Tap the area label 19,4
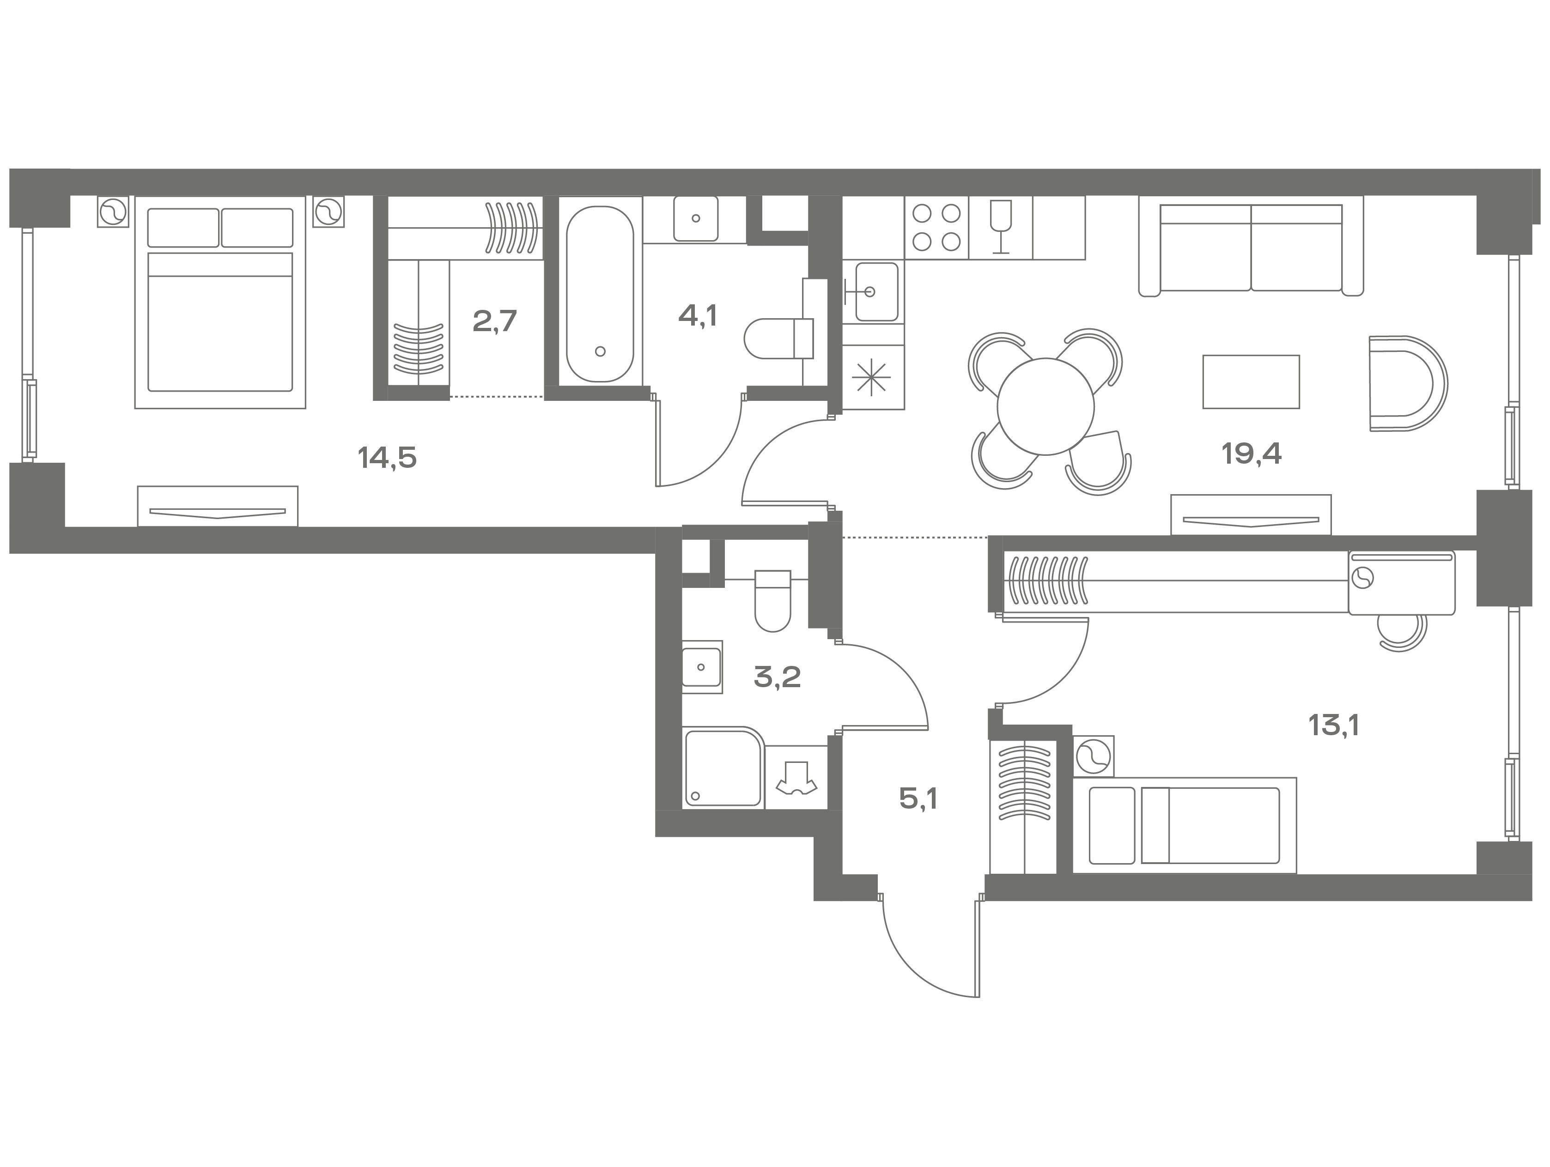1252,454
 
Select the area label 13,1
1333,726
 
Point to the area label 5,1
918,798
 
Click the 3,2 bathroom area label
777,677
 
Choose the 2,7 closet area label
495,321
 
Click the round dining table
1045,406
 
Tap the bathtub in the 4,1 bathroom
601,294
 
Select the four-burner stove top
936,227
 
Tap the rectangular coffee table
1251,382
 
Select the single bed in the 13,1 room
1184,826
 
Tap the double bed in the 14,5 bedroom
220,302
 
